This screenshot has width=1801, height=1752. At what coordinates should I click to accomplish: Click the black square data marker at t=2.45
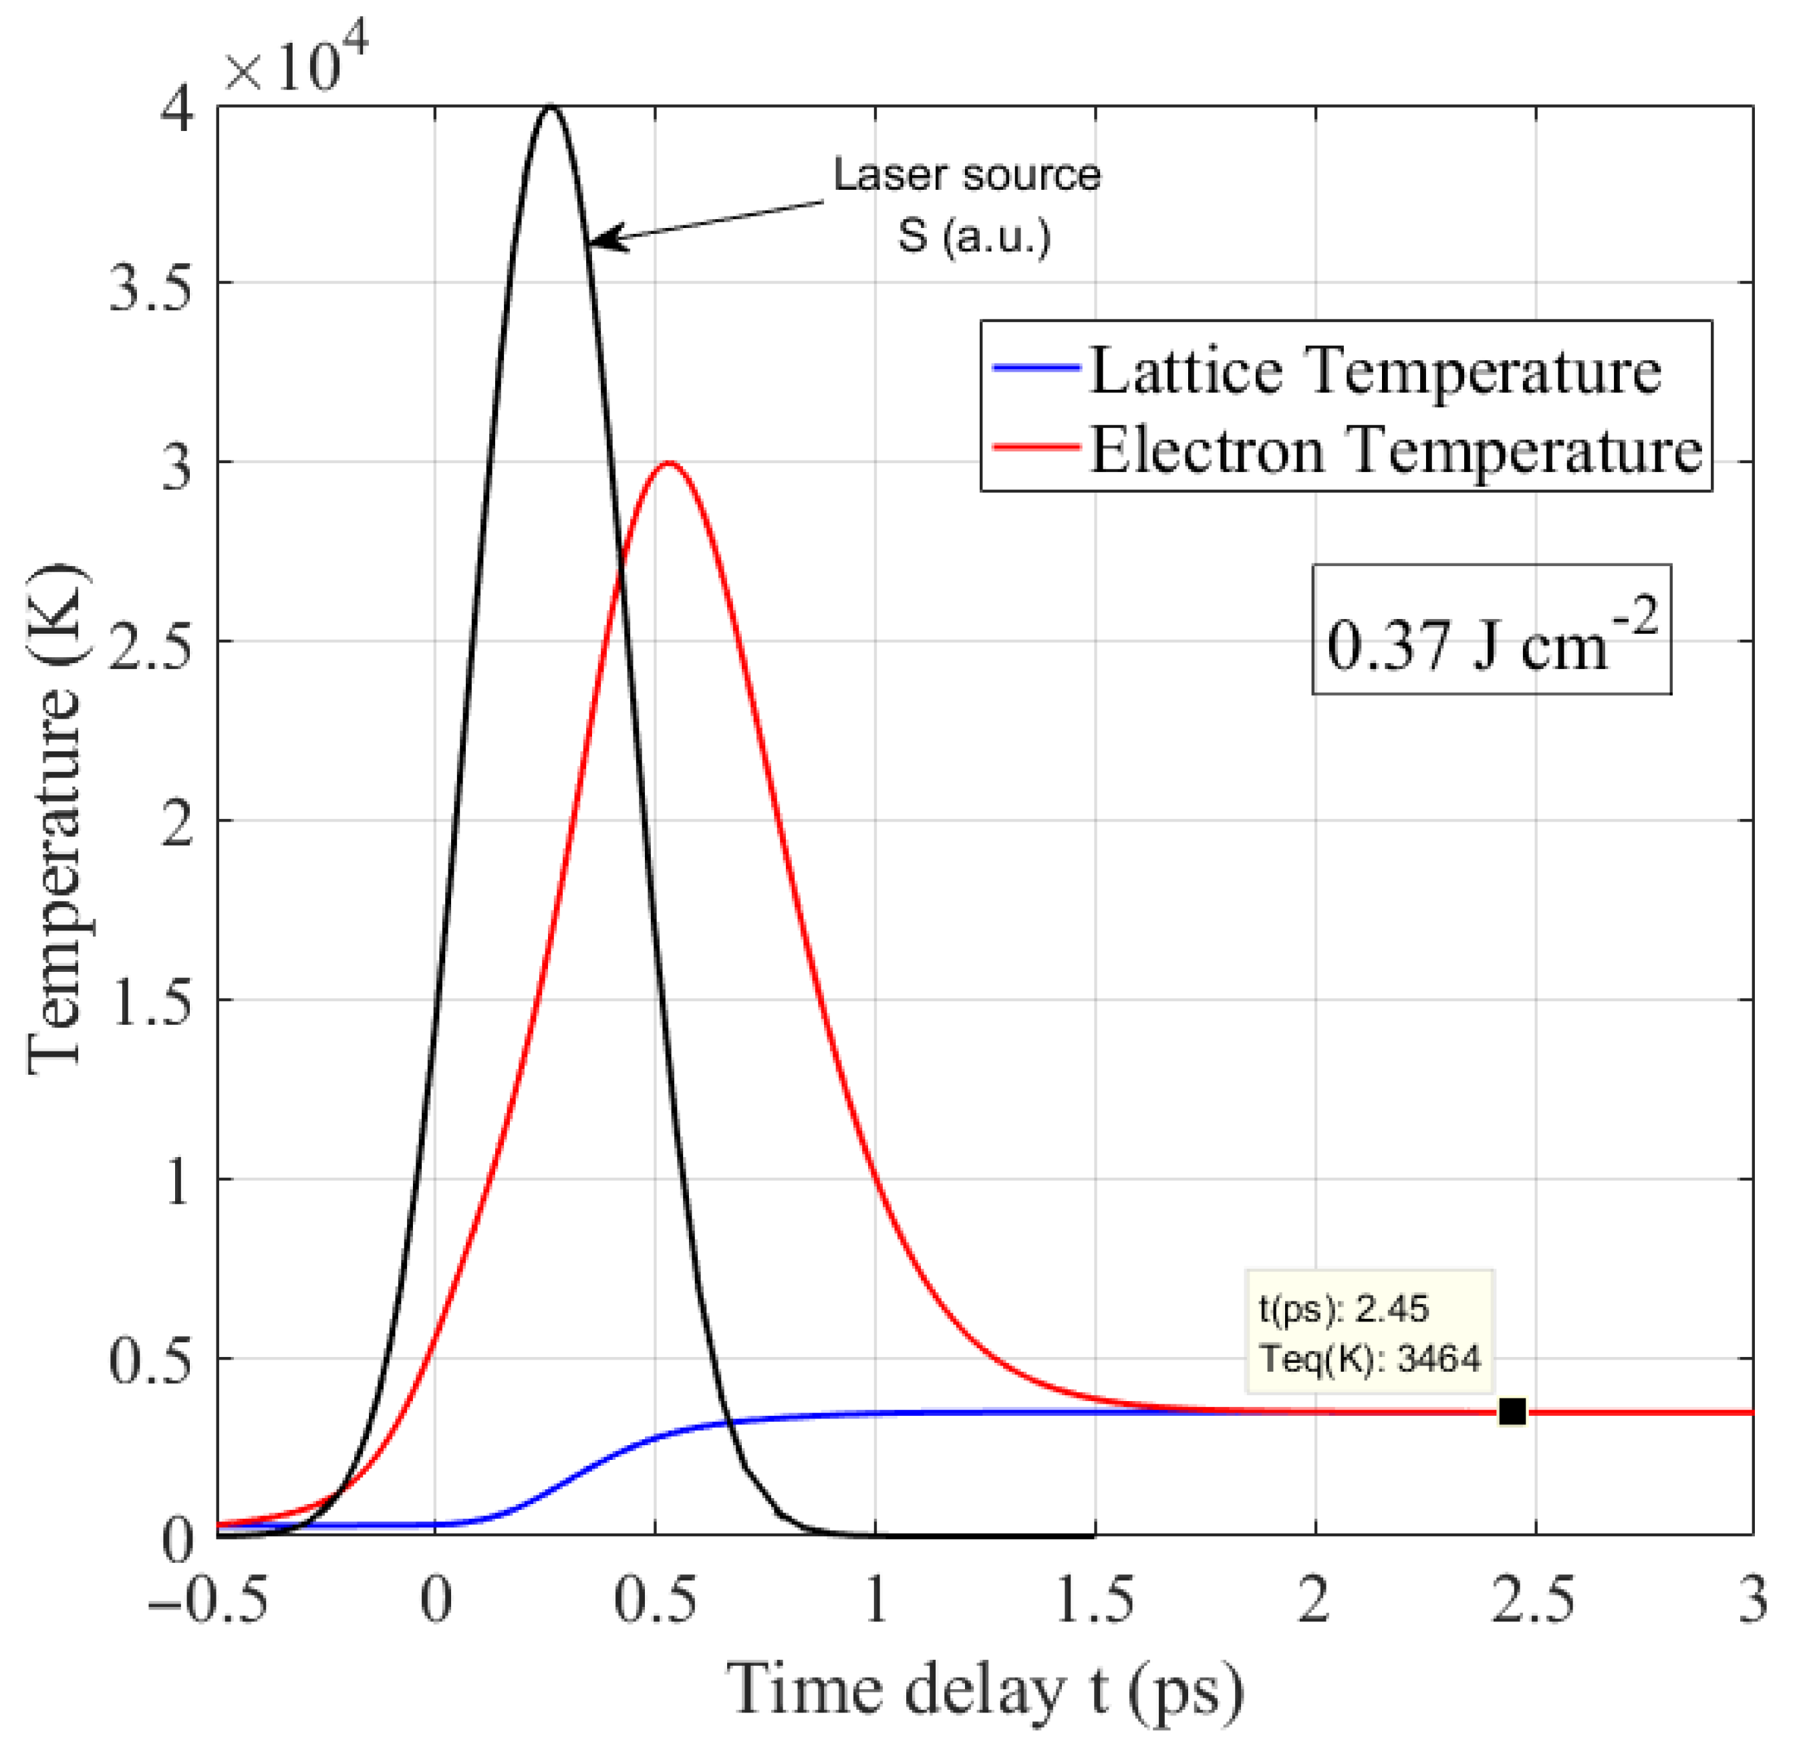[x=1512, y=1412]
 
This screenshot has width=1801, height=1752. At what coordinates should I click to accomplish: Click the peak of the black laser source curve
[x=551, y=108]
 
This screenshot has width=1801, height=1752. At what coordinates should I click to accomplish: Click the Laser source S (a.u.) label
[x=968, y=205]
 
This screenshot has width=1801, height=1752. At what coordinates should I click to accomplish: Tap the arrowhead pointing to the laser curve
[x=603, y=239]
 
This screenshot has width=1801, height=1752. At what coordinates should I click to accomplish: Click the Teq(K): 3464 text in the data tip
[x=1371, y=1359]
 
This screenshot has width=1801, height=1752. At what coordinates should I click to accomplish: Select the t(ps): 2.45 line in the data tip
[x=1344, y=1308]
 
